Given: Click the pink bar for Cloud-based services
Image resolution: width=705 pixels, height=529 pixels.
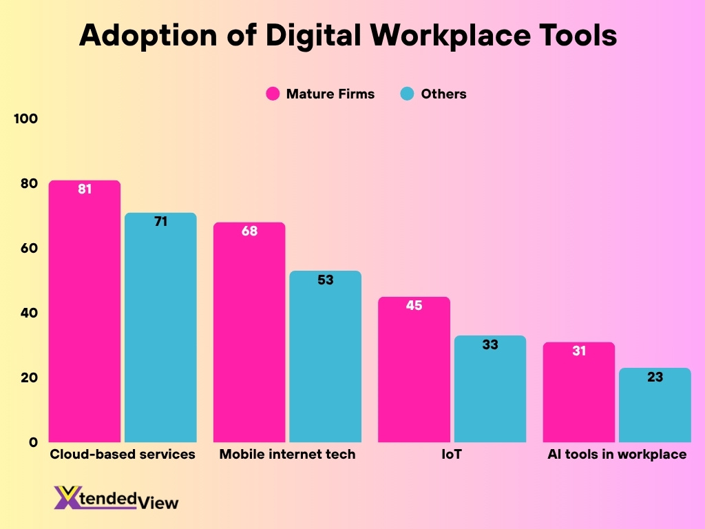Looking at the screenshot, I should pos(85,317).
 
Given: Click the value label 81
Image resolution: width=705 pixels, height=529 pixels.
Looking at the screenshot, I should pos(85,189).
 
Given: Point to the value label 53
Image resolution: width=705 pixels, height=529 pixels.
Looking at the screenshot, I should pos(325,280).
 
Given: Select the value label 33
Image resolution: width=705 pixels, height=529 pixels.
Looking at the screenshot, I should pos(490,345).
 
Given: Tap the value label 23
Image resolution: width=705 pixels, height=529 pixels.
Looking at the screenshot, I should pos(655,377).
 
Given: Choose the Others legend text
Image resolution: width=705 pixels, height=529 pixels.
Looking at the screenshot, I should pos(443,94).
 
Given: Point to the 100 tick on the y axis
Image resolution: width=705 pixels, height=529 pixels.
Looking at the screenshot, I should pos(25,119).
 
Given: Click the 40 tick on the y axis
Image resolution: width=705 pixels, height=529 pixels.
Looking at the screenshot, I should pos(28,313).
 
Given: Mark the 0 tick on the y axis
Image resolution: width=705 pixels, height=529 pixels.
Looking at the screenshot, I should pos(32,443).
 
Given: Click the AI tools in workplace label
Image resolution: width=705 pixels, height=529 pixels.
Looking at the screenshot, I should pos(617,455).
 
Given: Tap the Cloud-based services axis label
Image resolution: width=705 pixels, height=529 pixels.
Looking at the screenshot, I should pos(123,455).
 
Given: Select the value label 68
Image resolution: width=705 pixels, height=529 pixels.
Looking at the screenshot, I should pos(249,231).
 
